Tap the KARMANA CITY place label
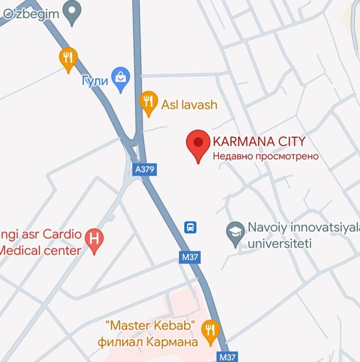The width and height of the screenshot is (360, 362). (x=259, y=141)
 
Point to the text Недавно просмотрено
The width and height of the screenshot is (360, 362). (x=266, y=156)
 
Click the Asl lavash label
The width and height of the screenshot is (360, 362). (x=189, y=105)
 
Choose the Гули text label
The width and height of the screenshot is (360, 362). (x=95, y=81)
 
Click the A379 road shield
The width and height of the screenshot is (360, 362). (x=144, y=169)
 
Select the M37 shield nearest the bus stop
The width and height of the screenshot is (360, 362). (x=190, y=257)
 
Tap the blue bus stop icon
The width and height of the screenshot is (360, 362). (x=191, y=226)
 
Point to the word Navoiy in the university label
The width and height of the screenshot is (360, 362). (x=267, y=227)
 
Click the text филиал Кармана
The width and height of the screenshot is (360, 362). (x=148, y=342)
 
